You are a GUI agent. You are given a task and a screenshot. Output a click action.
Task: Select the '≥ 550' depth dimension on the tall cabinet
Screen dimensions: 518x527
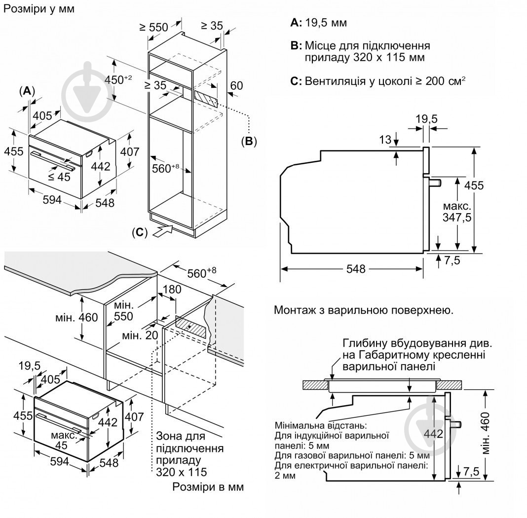pos(153,27)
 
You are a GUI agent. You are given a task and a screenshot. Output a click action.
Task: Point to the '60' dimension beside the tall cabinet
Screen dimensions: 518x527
pos(236,86)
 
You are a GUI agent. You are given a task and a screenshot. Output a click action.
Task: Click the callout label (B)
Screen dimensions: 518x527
pos(249,142)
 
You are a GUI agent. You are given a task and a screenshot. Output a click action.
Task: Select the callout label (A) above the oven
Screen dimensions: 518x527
pos(27,91)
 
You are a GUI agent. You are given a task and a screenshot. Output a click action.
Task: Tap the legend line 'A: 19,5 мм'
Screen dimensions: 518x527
pos(318,23)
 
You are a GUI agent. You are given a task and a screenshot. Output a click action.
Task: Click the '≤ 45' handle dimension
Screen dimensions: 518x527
pos(59,177)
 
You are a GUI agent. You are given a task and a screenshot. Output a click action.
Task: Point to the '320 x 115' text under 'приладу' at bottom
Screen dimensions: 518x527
pos(181,472)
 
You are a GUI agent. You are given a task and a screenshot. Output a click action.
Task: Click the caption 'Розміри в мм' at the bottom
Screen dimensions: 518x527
pos(208,487)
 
